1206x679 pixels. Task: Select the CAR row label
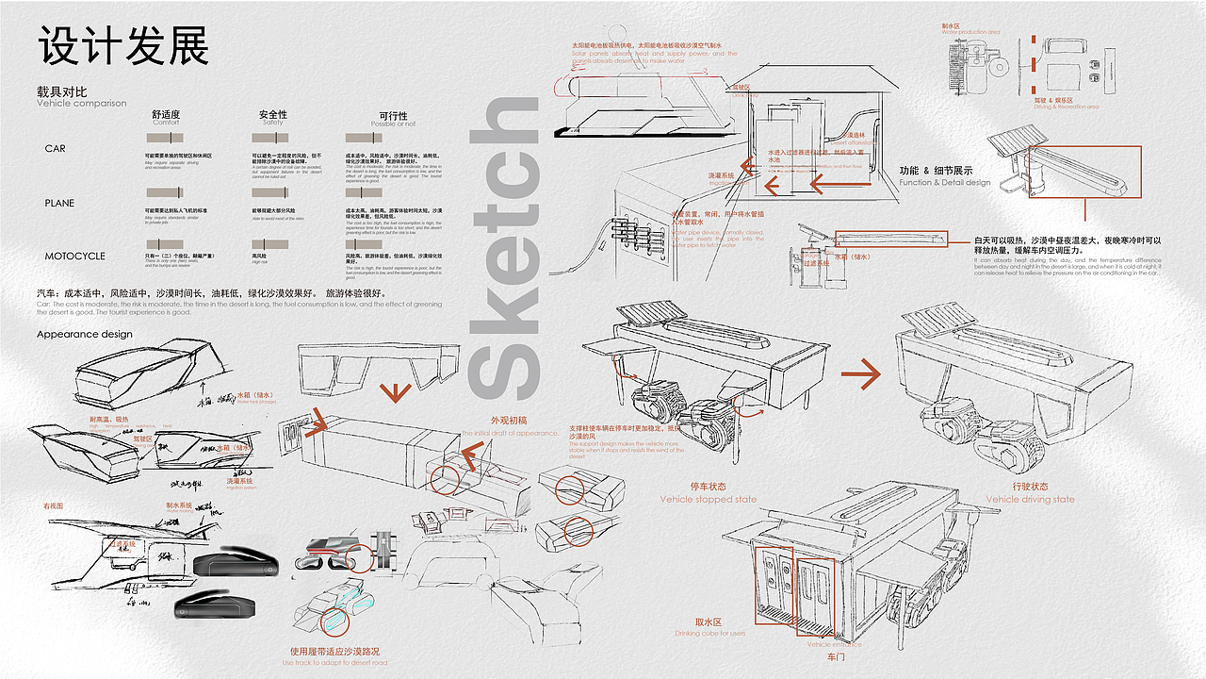(56, 149)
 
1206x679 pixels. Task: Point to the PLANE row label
(59, 203)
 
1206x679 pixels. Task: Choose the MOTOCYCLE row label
(75, 257)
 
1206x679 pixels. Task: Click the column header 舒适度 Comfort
(166, 118)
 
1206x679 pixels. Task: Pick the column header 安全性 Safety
(273, 118)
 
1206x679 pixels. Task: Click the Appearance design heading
(85, 334)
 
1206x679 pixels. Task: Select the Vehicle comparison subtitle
(81, 104)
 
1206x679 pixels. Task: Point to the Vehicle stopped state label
(708, 500)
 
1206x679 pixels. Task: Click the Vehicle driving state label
(1030, 500)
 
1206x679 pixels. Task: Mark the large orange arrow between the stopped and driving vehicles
(860, 374)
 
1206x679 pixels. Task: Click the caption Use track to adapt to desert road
(334, 662)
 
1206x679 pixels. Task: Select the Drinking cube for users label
(709, 633)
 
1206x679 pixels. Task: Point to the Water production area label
(970, 32)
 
